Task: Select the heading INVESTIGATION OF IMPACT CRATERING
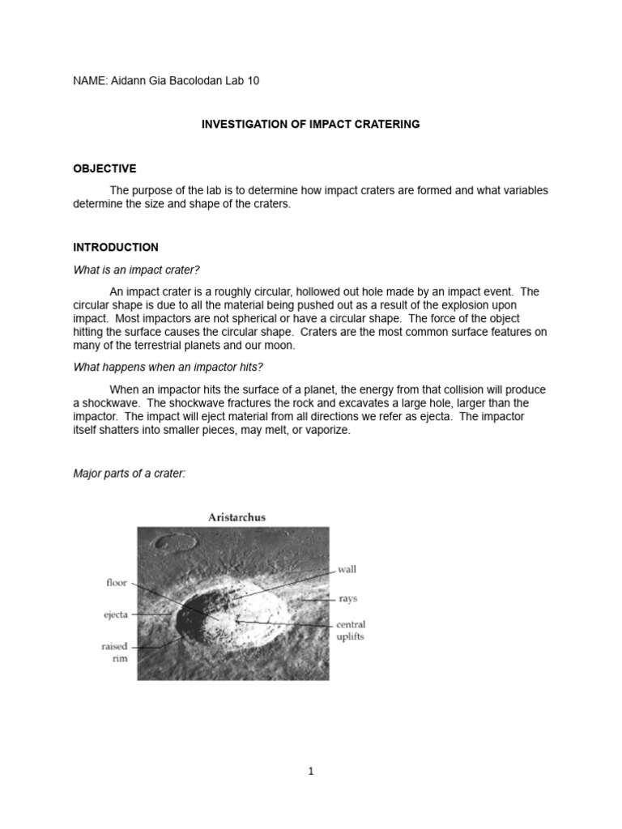tap(310, 125)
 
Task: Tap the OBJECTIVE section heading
tap(104, 168)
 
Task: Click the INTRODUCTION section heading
tap(116, 247)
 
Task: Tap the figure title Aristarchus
tap(232, 517)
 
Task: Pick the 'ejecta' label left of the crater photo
tap(115, 614)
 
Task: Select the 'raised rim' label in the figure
tap(114, 653)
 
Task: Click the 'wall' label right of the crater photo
tap(347, 569)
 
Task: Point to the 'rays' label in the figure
tap(347, 599)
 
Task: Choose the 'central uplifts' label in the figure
tap(350, 631)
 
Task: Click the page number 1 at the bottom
tap(311, 772)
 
